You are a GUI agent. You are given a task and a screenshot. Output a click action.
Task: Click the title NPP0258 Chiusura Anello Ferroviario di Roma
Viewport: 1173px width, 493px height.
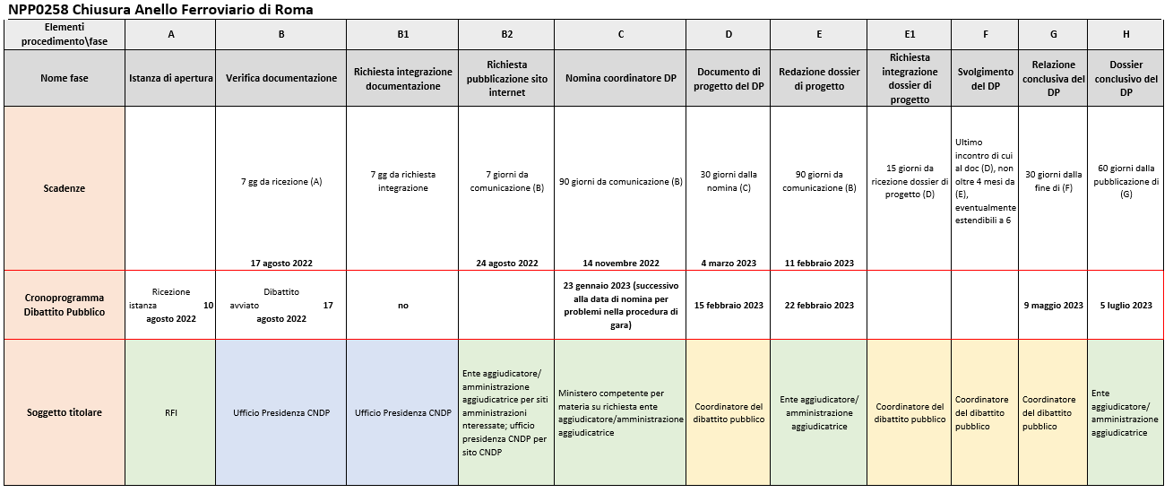161,9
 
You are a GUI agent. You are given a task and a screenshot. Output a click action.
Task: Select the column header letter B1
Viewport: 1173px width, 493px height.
402,34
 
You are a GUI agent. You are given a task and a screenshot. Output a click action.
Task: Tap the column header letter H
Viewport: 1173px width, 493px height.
1126,34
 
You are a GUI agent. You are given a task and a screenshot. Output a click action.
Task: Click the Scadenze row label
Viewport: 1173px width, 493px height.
65,188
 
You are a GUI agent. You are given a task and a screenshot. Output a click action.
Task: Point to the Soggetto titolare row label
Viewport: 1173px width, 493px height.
65,412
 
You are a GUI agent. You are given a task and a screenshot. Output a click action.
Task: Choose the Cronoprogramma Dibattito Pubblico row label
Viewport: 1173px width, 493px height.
65,305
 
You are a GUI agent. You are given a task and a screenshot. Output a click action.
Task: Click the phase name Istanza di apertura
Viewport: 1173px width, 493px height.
170,78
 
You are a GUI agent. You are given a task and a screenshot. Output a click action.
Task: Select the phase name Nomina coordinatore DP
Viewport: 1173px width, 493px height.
620,78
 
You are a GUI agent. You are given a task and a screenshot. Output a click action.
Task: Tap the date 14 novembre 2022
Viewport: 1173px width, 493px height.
620,263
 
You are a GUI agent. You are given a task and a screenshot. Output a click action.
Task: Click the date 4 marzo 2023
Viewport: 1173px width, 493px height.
728,263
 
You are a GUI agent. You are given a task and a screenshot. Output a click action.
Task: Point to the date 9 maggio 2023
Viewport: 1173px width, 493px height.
1053,305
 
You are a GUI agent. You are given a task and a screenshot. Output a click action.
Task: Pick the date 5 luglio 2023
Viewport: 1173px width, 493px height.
1126,305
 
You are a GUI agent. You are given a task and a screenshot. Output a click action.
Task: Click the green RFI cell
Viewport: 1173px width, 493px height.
170,412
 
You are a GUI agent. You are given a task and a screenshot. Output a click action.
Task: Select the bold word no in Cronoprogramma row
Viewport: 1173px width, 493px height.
402,305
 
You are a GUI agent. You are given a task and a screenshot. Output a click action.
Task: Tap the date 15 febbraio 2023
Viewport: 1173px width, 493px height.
728,305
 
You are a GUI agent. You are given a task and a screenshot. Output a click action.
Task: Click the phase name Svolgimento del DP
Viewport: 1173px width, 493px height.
985,78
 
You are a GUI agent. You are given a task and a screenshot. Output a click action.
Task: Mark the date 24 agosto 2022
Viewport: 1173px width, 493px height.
506,263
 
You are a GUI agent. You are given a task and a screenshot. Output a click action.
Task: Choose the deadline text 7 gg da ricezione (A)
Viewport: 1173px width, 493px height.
280,182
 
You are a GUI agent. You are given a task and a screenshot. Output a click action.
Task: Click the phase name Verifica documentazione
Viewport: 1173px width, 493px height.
280,78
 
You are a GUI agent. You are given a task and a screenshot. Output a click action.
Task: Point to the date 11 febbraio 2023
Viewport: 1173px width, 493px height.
818,263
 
